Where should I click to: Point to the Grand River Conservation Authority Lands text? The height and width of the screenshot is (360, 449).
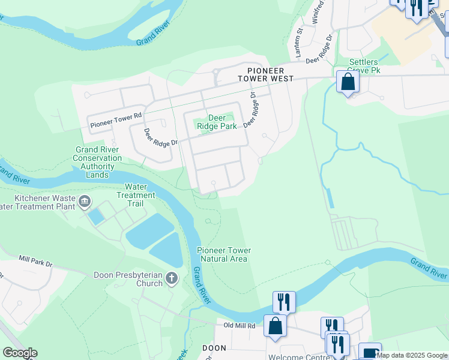point(98,162)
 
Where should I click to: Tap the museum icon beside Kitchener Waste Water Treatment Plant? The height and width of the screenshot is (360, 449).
point(85,200)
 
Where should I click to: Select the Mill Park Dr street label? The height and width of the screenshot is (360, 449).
point(35,261)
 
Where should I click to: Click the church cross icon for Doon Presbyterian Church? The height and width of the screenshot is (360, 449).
point(172,278)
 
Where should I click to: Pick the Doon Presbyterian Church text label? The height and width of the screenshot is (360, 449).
point(128,279)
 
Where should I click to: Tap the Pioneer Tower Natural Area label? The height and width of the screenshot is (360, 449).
point(224,254)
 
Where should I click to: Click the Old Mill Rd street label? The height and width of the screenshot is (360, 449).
point(240,326)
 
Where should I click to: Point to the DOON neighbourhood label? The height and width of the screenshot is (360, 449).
point(214,348)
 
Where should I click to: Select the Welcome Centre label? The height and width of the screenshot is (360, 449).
point(297,357)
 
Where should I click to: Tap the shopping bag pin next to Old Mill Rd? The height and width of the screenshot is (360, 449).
point(275,326)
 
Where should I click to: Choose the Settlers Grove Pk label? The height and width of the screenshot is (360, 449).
point(366,66)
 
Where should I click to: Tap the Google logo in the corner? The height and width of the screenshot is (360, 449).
point(20,353)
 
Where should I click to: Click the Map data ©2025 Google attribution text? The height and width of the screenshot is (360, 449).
point(412,355)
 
